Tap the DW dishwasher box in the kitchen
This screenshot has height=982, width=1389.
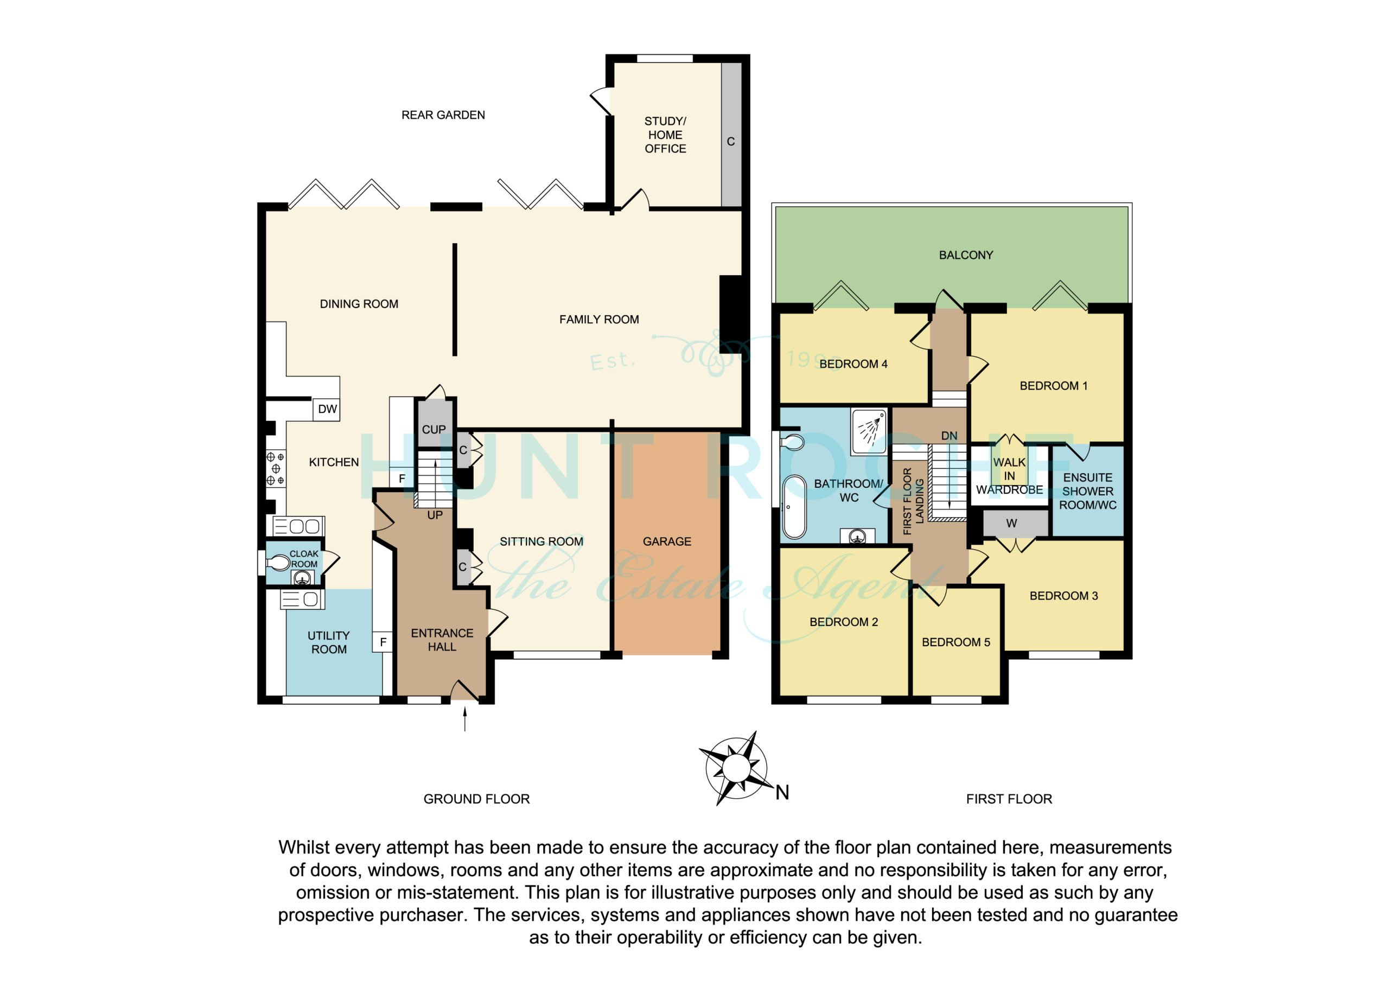(327, 409)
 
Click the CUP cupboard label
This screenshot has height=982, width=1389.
(434, 430)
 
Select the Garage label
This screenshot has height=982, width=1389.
(667, 541)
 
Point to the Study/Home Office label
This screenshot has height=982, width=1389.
(665, 135)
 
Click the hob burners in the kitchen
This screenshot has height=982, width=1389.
(276, 468)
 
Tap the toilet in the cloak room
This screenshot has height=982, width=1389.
(278, 563)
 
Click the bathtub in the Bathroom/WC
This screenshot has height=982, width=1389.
(794, 507)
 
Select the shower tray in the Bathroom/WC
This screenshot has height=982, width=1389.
(869, 431)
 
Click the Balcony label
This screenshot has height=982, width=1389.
(966, 256)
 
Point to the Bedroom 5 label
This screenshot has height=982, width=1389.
(956, 642)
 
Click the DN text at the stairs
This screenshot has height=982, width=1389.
(949, 436)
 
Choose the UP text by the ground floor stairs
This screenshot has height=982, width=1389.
(435, 515)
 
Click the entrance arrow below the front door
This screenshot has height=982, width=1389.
(464, 719)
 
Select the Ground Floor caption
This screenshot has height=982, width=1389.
(477, 799)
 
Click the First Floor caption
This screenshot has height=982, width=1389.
(1009, 799)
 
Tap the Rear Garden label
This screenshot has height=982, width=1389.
(443, 115)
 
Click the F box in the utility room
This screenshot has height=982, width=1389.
(383, 642)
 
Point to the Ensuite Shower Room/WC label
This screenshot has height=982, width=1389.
(1088, 492)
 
